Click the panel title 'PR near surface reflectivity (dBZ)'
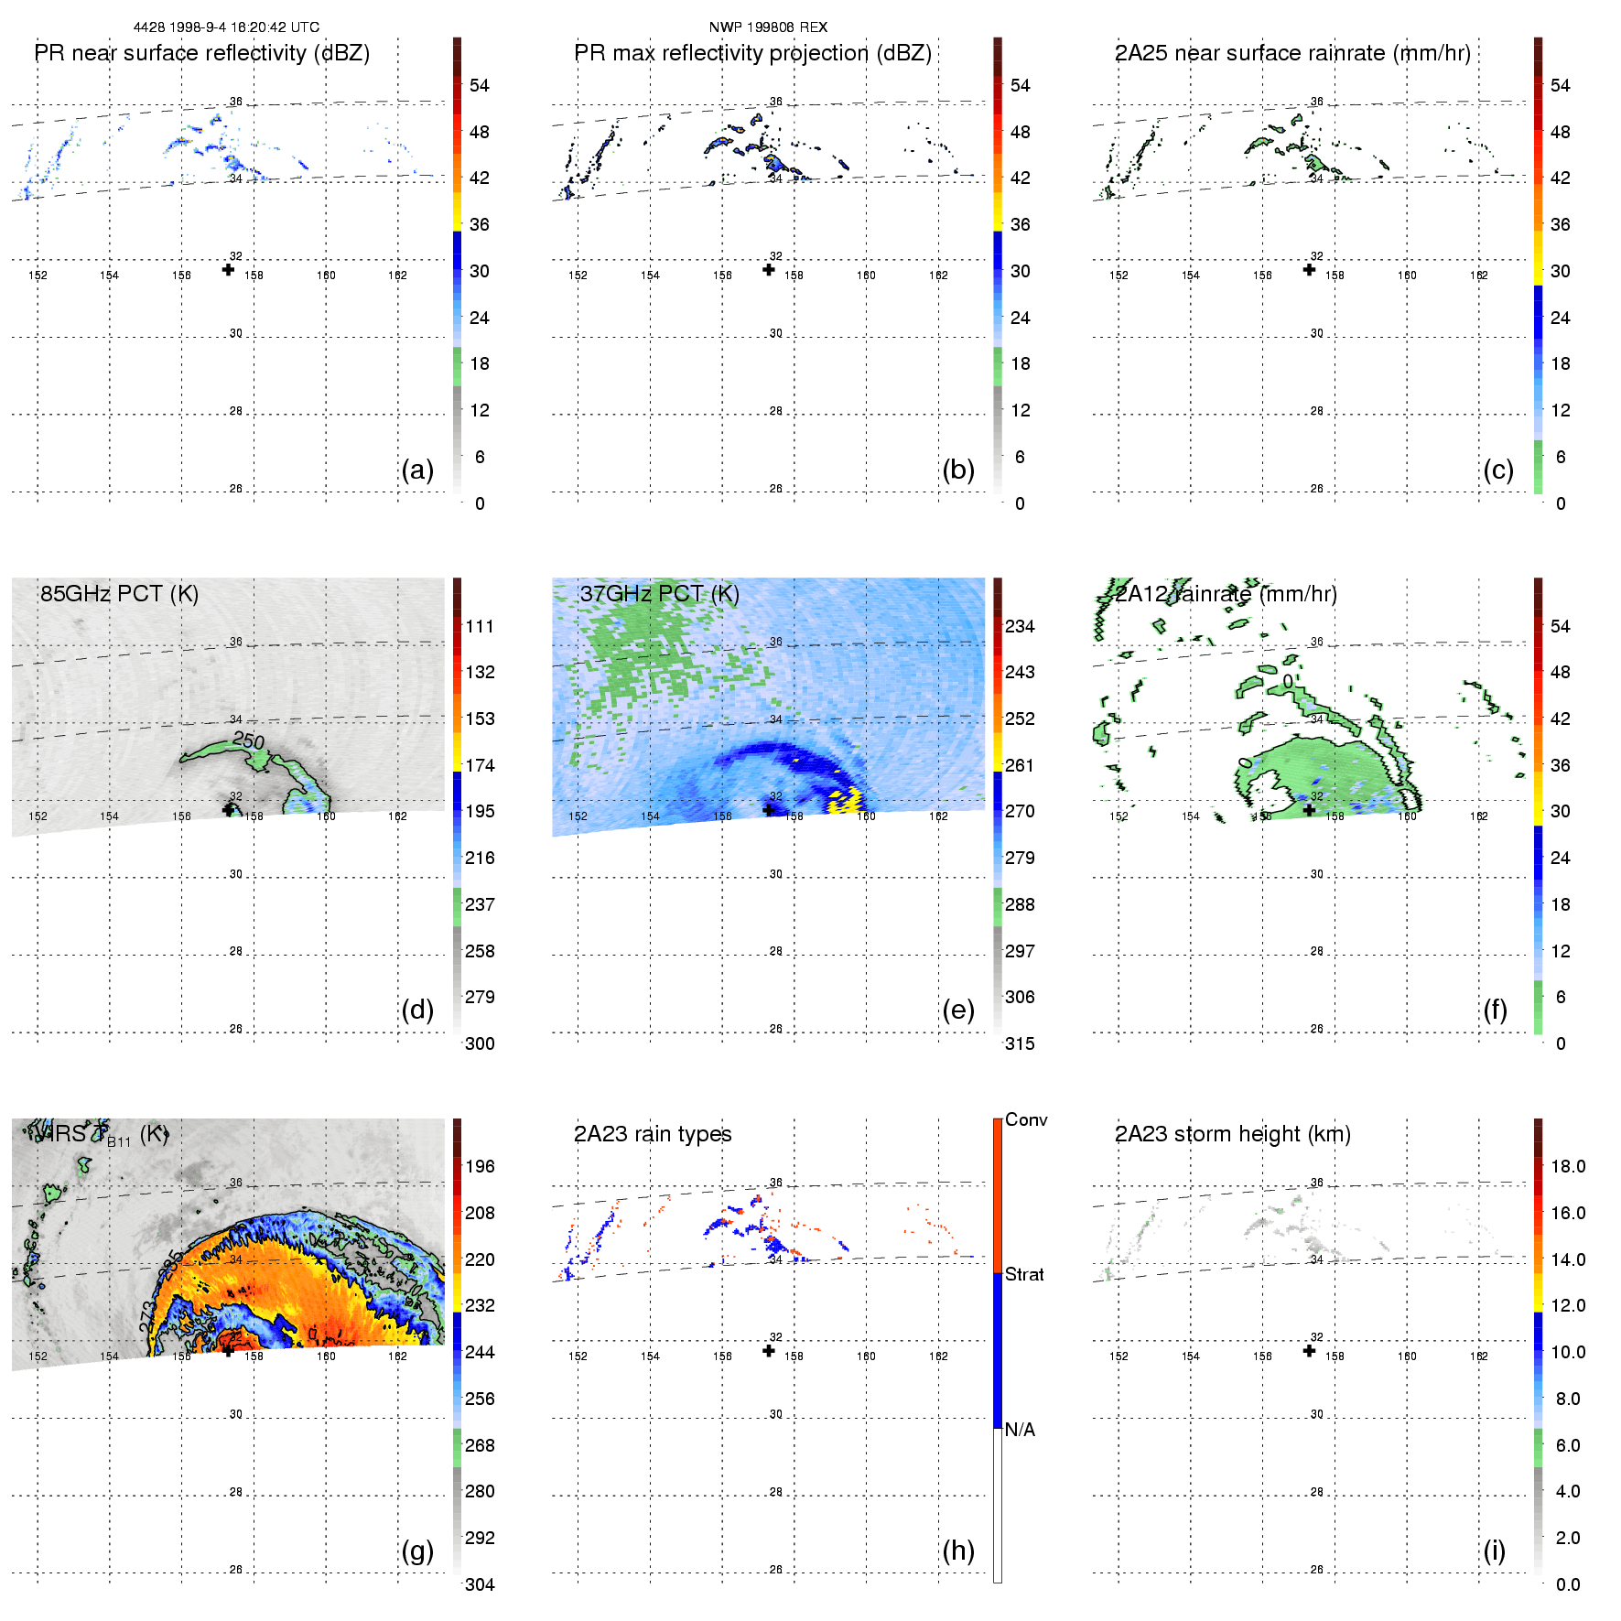[201, 53]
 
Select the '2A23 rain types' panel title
[653, 1134]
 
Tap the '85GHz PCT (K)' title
[119, 594]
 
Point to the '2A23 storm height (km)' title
[1232, 1134]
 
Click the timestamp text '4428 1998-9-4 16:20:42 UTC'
[226, 27]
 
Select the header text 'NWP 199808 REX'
[768, 27]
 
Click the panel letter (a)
[417, 470]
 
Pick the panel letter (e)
[958, 1010]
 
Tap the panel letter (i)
[1494, 1551]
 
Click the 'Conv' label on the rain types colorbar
[1026, 1119]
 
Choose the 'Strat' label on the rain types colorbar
[1024, 1274]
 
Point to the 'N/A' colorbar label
[1020, 1430]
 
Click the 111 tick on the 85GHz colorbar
[480, 626]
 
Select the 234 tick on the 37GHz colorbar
[1020, 626]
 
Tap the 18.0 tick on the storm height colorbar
[1567, 1166]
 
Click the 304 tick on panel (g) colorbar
[480, 1584]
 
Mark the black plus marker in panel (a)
[228, 269]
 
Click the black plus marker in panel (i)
[1309, 1350]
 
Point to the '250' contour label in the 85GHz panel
[248, 740]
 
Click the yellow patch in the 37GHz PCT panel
[845, 800]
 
